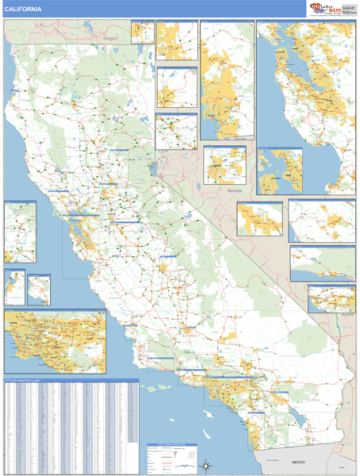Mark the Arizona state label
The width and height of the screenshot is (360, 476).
click(x=346, y=315)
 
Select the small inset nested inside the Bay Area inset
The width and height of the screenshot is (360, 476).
click(x=279, y=171)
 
